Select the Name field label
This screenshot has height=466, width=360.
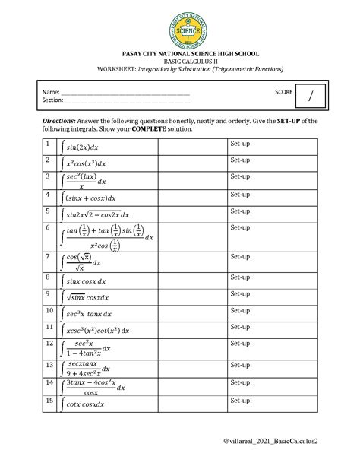[50, 92]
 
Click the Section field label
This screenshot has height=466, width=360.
[52, 100]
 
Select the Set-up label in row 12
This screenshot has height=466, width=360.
[241, 344]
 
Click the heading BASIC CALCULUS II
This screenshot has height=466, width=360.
[180, 61]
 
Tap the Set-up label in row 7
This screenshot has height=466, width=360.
[241, 258]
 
